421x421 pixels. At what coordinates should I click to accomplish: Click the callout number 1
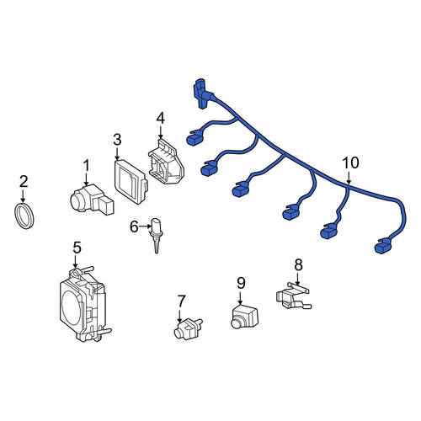tap(87, 165)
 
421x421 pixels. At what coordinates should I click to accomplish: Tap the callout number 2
tap(24, 182)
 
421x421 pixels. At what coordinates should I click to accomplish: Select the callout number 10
tap(350, 163)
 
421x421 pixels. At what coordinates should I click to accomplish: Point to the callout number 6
tap(134, 226)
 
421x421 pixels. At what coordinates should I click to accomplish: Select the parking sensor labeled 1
tap(92, 200)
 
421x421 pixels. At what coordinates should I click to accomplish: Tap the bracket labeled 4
tap(166, 163)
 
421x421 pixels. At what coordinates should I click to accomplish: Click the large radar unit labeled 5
tap(84, 304)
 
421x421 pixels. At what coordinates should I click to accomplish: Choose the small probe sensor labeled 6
tap(156, 235)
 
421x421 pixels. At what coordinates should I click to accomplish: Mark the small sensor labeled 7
tap(188, 329)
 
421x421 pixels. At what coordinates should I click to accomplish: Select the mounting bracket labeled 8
tap(293, 296)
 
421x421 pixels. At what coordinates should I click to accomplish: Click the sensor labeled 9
tap(244, 317)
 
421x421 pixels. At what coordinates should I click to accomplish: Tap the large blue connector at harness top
tap(203, 93)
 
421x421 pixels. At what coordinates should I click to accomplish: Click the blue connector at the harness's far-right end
tap(383, 247)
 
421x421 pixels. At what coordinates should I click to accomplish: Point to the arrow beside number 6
tap(145, 226)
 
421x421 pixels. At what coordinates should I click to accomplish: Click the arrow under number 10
tap(349, 178)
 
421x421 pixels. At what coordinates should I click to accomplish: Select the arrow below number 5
tap(75, 261)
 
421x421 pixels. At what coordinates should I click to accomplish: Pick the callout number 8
tap(298, 264)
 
